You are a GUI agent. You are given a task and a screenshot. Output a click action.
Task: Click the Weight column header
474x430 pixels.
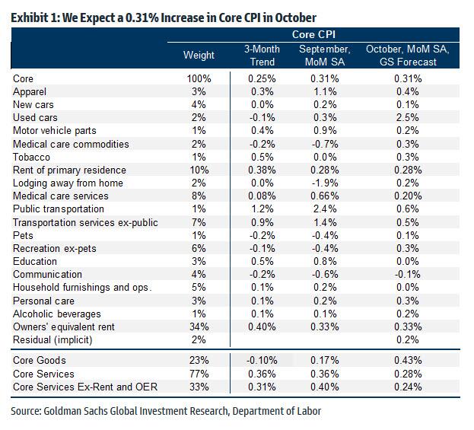click(x=199, y=56)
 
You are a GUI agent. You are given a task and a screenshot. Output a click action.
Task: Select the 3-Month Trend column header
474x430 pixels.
click(x=262, y=56)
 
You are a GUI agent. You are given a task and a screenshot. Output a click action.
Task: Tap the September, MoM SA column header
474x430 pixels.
click(x=325, y=56)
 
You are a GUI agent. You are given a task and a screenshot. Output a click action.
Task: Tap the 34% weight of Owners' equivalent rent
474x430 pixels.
click(x=199, y=327)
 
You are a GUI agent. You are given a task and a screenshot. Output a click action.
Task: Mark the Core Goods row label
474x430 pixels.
click(x=40, y=360)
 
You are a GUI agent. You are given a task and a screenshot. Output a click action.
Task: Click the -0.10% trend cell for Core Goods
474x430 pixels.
click(x=262, y=360)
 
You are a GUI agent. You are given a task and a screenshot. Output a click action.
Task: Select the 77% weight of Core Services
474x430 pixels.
click(x=199, y=373)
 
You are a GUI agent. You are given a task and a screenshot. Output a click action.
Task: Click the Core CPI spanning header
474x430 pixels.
click(x=314, y=35)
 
